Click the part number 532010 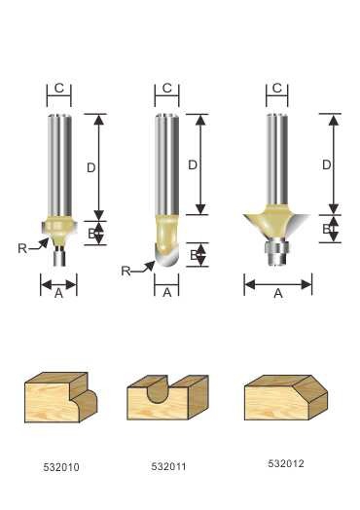click(x=61, y=467)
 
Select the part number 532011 click(x=168, y=466)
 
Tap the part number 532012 click(x=286, y=463)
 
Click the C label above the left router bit click(x=59, y=89)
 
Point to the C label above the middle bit click(x=166, y=89)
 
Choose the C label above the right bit click(x=277, y=88)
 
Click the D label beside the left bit click(x=91, y=167)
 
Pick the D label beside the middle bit click(x=193, y=165)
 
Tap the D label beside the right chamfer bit click(x=326, y=165)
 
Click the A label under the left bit click(x=58, y=293)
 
